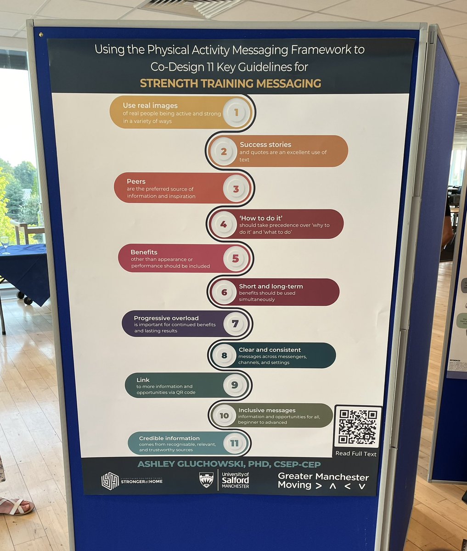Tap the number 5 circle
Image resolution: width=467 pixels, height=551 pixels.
[x=236, y=259]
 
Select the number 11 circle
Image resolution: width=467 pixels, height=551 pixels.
[x=234, y=443]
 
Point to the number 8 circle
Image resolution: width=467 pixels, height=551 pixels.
[x=224, y=355]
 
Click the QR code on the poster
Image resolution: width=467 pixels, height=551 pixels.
[x=358, y=427]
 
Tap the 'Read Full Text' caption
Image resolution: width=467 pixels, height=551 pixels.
[x=356, y=454]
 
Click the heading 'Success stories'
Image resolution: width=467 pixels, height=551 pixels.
[x=265, y=145]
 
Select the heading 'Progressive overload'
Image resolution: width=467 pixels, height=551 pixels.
[x=166, y=318]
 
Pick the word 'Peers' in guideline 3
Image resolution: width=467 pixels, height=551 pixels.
[x=136, y=181]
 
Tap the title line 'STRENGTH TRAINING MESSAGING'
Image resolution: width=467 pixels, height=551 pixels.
[x=231, y=84]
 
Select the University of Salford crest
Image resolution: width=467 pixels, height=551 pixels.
[x=206, y=480]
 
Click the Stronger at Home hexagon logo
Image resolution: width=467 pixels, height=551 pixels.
[x=110, y=481]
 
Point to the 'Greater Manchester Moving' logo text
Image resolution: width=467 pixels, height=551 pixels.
[x=323, y=480]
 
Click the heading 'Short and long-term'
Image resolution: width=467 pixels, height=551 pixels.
[x=271, y=286]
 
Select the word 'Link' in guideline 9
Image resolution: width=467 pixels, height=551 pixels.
[x=143, y=380]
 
